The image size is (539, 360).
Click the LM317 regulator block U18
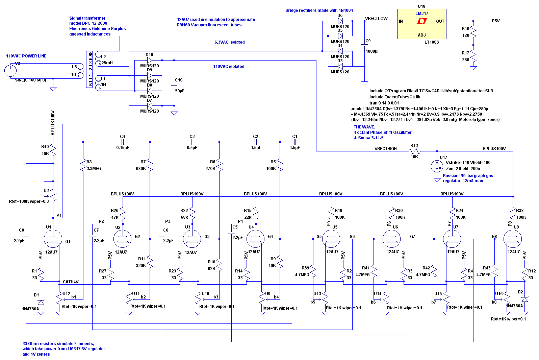[x=422, y=24]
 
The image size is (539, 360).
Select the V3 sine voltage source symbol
[x=10, y=71]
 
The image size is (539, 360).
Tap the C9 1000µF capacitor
[x=364, y=45]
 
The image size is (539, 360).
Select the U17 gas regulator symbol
[x=437, y=166]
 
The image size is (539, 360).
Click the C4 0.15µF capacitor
[x=123, y=142]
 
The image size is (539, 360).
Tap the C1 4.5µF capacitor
[x=295, y=142]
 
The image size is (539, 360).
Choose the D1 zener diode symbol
[x=41, y=302]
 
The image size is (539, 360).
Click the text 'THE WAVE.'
[x=364, y=127]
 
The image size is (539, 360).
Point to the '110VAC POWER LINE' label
[x=26, y=56]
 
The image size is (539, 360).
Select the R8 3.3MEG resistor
[x=83, y=165]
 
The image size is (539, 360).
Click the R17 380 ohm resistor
[x=473, y=56]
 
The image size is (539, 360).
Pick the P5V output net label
[x=495, y=21]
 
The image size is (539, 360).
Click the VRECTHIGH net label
[x=385, y=149]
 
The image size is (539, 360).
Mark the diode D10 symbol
[x=150, y=61]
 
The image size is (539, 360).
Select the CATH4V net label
[x=71, y=282]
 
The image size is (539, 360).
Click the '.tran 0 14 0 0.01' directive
[x=384, y=103]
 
